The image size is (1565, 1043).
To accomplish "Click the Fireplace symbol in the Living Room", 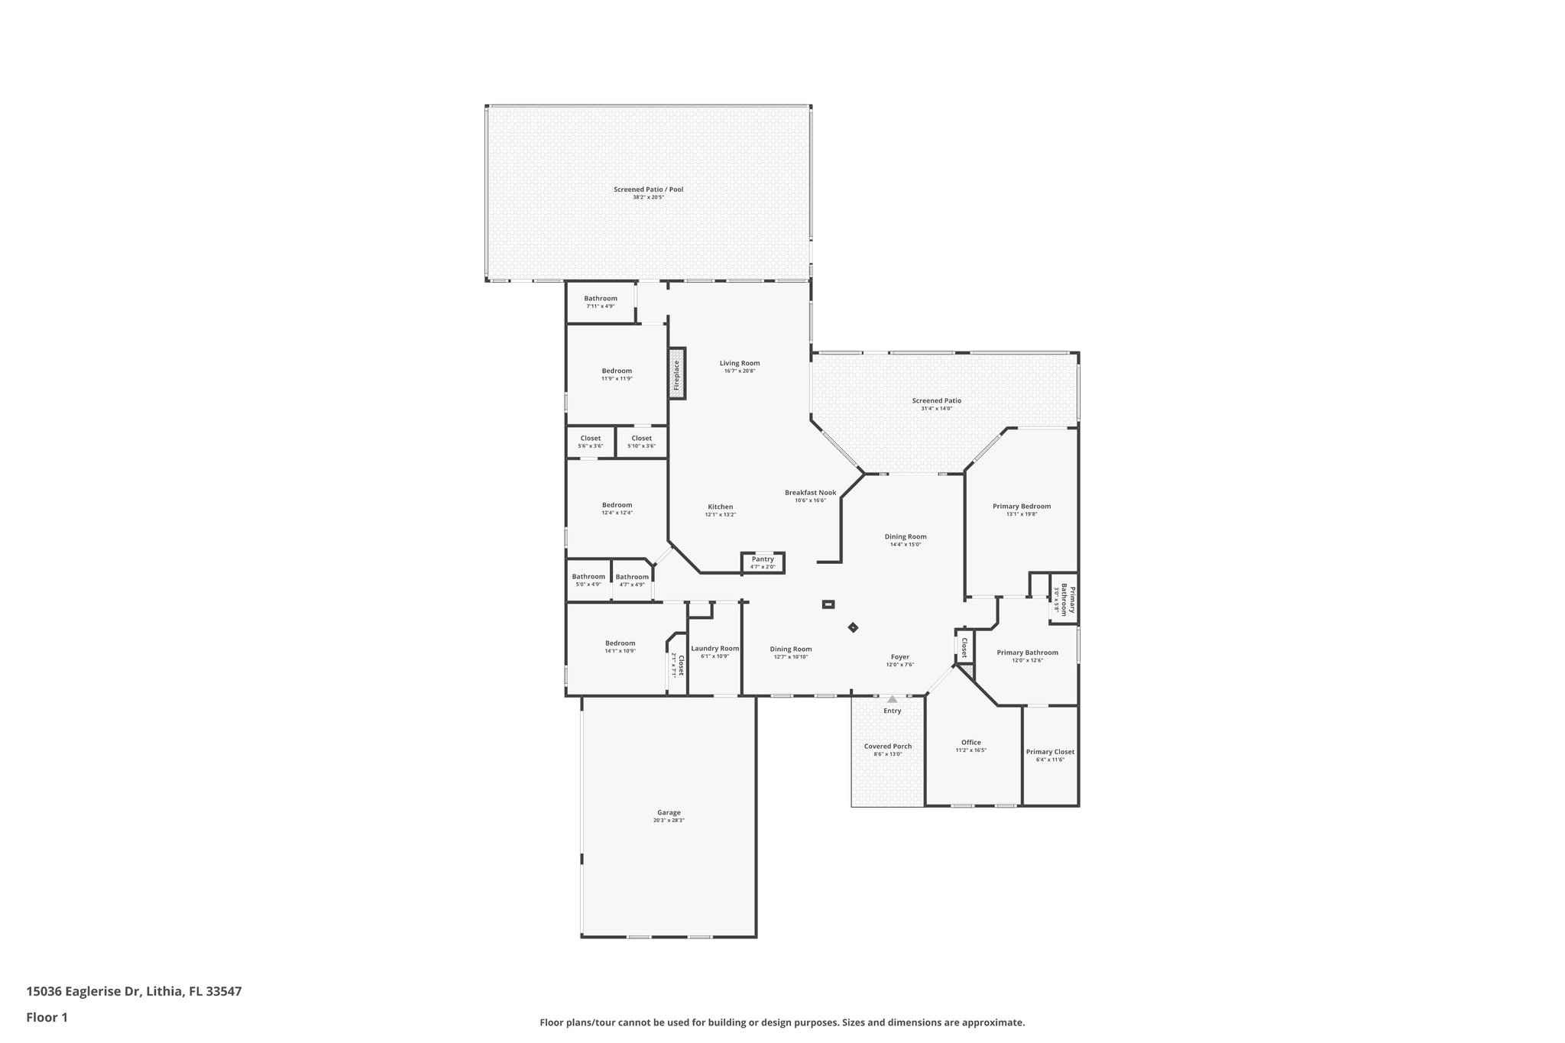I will pyautogui.click(x=677, y=373).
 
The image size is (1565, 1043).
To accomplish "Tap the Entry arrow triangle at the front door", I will pyautogui.click(x=892, y=699).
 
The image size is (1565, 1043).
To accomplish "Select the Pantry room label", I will pyautogui.click(x=763, y=559).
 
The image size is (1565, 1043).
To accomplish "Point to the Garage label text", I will pyautogui.click(x=669, y=813).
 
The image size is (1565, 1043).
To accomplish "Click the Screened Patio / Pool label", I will pyautogui.click(x=648, y=189).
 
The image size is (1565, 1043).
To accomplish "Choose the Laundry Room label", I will pyautogui.click(x=714, y=648).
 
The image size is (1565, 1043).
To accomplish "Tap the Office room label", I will pyautogui.click(x=970, y=742).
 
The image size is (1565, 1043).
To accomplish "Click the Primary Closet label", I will pyautogui.click(x=1050, y=752).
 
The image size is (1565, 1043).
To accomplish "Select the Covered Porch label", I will pyautogui.click(x=888, y=747).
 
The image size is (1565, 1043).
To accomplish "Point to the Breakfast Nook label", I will pyautogui.click(x=810, y=493).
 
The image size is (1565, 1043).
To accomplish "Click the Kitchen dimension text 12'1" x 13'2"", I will pyautogui.click(x=720, y=515).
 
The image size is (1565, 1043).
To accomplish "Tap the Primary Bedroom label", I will pyautogui.click(x=1021, y=506).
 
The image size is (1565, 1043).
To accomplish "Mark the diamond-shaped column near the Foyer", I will pyautogui.click(x=853, y=628).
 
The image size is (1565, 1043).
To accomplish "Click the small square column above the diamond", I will pyautogui.click(x=828, y=604).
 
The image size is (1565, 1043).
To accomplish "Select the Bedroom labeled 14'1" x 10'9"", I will pyautogui.click(x=620, y=643).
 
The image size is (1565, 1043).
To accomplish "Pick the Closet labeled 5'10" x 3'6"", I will pyautogui.click(x=641, y=439).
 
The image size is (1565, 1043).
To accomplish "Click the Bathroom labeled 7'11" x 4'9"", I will pyautogui.click(x=601, y=299).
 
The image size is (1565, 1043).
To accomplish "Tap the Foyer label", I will pyautogui.click(x=899, y=657).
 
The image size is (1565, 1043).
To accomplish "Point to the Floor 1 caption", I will pyautogui.click(x=47, y=1017).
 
